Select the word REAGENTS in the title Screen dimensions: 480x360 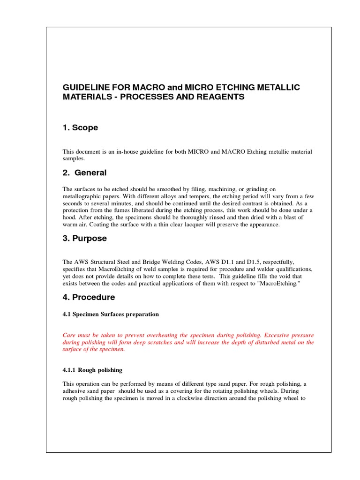click(x=220, y=97)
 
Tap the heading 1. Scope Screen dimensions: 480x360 click(x=80, y=128)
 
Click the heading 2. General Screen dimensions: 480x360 click(x=84, y=172)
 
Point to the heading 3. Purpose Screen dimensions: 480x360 click(x=85, y=238)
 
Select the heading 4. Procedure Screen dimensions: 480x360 click(x=89, y=297)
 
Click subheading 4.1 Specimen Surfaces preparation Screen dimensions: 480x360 click(x=111, y=314)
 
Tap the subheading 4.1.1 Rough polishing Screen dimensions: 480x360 click(x=92, y=370)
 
